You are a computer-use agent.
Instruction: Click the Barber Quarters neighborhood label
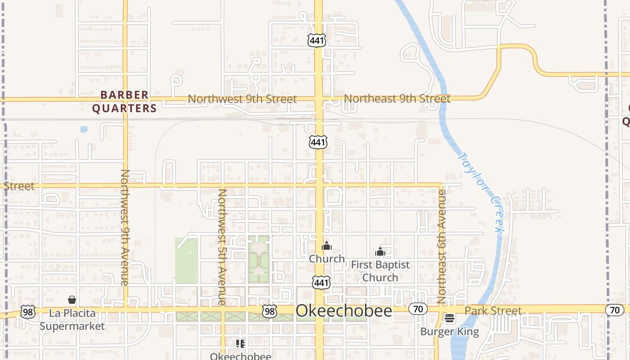(x=124, y=102)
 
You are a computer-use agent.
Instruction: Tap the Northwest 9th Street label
(x=242, y=99)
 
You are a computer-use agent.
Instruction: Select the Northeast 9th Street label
(x=397, y=99)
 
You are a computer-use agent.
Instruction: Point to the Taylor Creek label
(x=480, y=193)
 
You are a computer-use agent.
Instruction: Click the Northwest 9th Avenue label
(x=125, y=227)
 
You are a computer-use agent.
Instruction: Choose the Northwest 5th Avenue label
(x=222, y=247)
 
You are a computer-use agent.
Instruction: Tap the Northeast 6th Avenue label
(x=441, y=247)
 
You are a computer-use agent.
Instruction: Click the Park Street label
(x=493, y=310)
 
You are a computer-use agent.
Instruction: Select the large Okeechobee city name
(x=344, y=311)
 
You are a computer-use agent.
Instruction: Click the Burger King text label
(x=449, y=332)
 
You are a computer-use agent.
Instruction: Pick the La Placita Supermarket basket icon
(x=72, y=300)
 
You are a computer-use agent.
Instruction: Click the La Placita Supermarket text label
(x=72, y=319)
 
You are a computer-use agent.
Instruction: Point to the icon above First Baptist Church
(x=380, y=252)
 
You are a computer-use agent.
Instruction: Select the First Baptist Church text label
(x=380, y=271)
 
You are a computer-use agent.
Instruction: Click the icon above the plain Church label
(x=327, y=246)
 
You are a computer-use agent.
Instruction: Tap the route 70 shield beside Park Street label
(x=418, y=309)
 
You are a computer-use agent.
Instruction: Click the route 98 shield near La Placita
(x=27, y=311)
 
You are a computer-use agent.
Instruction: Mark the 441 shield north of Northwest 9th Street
(x=317, y=40)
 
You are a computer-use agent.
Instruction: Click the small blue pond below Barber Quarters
(x=84, y=130)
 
